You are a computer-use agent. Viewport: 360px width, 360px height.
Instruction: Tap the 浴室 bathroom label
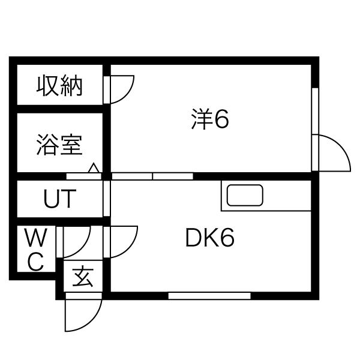59,146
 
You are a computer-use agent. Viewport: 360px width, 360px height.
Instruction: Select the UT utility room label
59,199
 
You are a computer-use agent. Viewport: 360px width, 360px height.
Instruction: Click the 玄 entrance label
83,278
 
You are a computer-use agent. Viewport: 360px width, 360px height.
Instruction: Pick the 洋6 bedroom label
210,120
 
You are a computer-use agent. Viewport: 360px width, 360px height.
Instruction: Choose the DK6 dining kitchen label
209,239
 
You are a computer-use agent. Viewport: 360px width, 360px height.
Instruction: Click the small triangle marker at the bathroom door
94,169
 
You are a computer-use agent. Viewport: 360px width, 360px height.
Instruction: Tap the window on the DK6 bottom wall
209,295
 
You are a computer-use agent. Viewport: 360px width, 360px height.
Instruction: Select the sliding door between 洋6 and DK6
152,176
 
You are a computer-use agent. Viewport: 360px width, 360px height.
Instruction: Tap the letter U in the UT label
51,199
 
